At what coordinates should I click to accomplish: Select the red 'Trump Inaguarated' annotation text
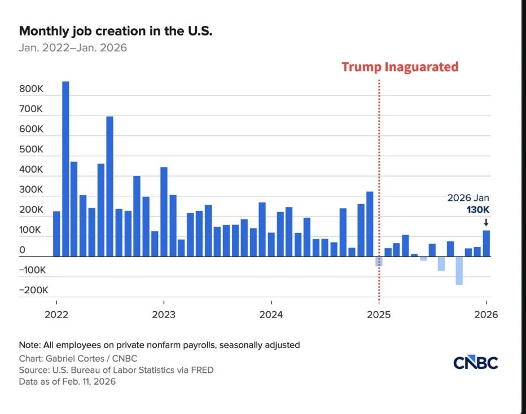(x=400, y=67)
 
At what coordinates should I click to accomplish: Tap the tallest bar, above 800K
(x=65, y=169)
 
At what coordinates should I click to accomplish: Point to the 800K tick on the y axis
(x=32, y=89)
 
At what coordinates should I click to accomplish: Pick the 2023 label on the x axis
(x=163, y=315)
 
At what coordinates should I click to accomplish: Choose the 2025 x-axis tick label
(x=378, y=315)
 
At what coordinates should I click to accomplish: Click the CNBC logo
(x=475, y=363)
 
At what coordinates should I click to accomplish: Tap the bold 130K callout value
(x=478, y=210)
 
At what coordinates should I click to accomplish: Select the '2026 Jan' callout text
(x=468, y=198)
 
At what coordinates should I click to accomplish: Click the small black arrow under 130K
(x=486, y=223)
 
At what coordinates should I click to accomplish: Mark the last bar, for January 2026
(x=486, y=243)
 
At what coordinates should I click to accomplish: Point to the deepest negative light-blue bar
(x=459, y=271)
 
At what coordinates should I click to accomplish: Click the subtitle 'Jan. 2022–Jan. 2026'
(x=73, y=48)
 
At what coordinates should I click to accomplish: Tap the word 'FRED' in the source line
(x=202, y=370)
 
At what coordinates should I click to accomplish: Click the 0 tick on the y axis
(x=22, y=250)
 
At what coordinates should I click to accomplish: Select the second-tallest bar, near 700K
(x=109, y=186)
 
